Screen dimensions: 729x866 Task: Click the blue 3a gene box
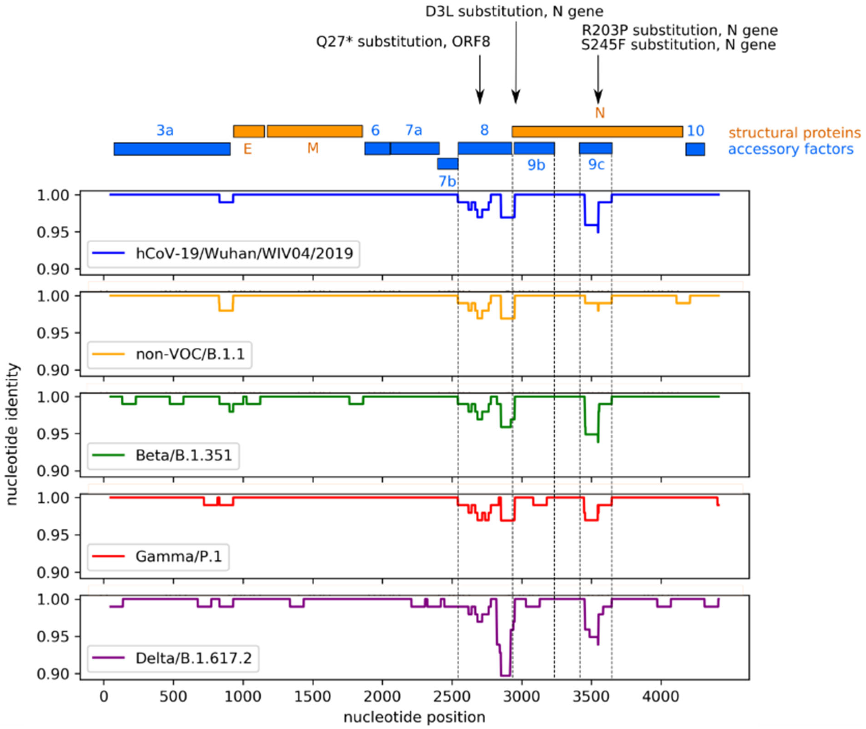tap(172, 149)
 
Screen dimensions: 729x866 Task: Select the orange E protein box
tap(249, 131)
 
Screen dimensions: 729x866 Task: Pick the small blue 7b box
tap(447, 164)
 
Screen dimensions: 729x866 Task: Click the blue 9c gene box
tap(595, 148)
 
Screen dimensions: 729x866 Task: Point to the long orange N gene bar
tap(597, 131)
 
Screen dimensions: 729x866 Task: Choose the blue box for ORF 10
tap(695, 149)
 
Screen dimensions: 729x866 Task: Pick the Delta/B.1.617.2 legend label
tap(193, 658)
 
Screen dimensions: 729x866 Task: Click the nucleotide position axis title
tap(414, 717)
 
